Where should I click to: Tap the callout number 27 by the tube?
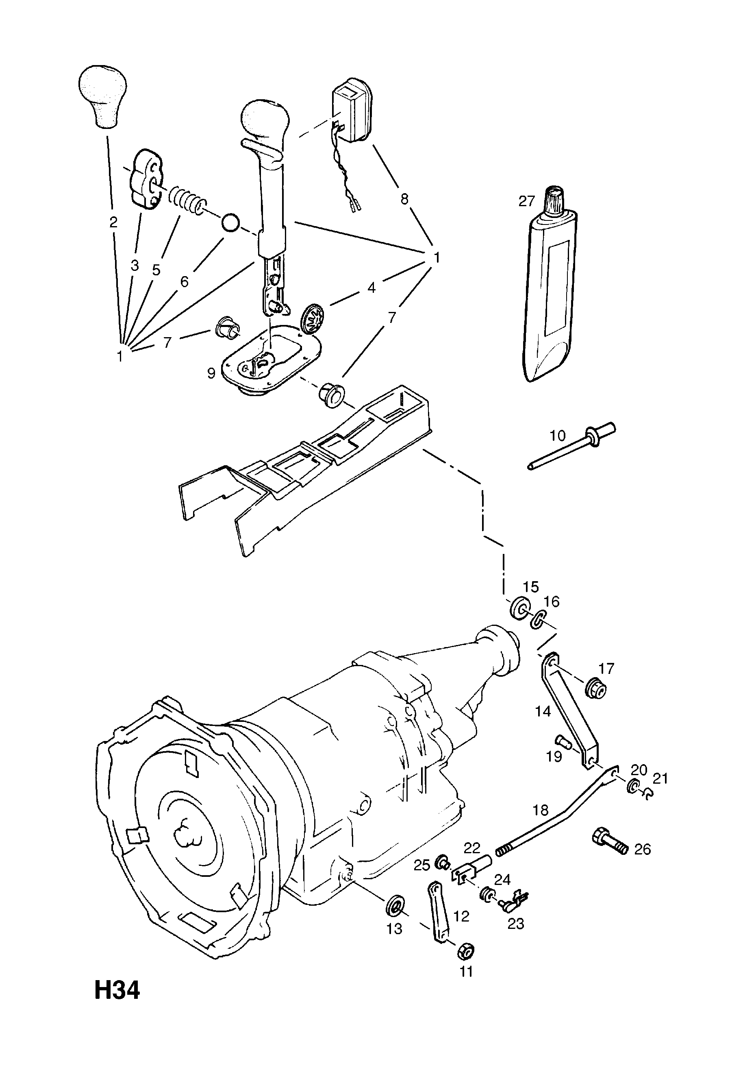(526, 201)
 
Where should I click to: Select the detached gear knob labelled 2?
(103, 96)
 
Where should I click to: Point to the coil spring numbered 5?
(186, 199)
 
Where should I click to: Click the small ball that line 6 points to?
(230, 222)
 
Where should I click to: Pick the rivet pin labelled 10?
(571, 445)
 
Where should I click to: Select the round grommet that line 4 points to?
(312, 318)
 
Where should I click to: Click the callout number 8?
(404, 199)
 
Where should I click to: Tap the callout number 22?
(472, 847)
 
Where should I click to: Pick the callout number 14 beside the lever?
(543, 711)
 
